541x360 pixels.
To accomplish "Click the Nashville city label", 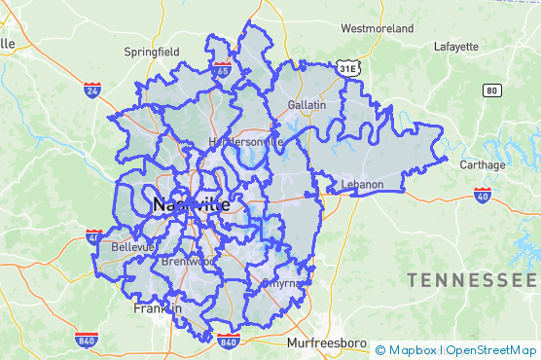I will point(191,205).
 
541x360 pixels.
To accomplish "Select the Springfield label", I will point(151,51).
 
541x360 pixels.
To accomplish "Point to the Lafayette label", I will point(456,46).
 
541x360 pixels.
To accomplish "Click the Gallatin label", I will point(306,103).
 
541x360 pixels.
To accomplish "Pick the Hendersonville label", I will point(244,141).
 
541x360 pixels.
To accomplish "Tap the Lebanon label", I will point(363,184).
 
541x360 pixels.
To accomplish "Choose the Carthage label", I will point(483,164).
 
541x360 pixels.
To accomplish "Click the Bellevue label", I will point(132,247).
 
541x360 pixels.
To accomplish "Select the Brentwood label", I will point(188,262).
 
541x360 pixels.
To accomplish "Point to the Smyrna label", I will point(283,283).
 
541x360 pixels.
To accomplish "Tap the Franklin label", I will point(157,308).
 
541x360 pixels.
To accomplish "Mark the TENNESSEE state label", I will point(473,280).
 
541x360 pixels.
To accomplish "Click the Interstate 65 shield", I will point(224,69).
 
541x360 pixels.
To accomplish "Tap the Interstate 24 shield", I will point(92,90).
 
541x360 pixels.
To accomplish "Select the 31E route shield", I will point(348,68).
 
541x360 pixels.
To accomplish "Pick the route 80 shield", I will point(491,90).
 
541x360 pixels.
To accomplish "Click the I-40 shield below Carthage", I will point(482,196).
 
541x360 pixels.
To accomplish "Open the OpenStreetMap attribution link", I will point(491,350).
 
